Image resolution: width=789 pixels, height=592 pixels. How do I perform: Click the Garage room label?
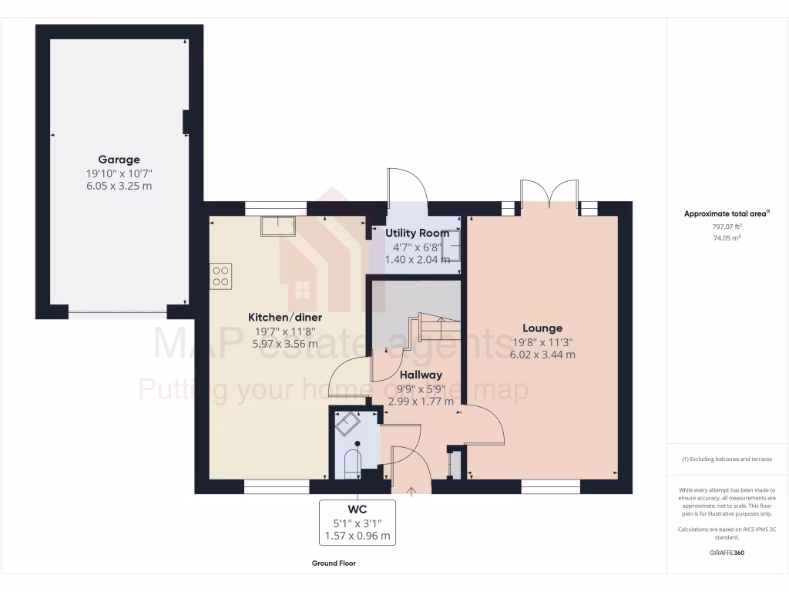tap(119, 160)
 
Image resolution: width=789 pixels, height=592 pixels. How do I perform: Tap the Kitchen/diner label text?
tap(284, 318)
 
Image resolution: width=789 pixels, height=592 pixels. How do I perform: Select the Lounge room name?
tap(542, 328)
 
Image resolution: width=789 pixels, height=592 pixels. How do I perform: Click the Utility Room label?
tap(418, 233)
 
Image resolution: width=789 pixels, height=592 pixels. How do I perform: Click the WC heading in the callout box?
tap(357, 510)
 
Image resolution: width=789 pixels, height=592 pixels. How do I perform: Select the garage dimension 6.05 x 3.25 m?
tap(119, 186)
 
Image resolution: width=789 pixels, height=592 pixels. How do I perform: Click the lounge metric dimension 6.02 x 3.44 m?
tap(542, 355)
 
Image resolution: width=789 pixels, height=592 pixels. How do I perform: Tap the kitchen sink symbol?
tap(277, 226)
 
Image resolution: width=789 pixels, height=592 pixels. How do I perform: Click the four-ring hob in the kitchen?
tap(220, 276)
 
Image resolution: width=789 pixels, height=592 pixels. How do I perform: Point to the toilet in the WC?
tap(352, 461)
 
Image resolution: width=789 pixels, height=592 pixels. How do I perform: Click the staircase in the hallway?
tap(438, 328)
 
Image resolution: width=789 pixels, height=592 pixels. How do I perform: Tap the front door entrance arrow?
tap(411, 490)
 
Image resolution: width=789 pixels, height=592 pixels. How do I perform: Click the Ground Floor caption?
tap(334, 563)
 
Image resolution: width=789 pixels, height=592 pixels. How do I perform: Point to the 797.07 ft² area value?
tap(727, 227)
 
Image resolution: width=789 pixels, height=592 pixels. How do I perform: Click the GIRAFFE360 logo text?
tap(727, 553)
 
